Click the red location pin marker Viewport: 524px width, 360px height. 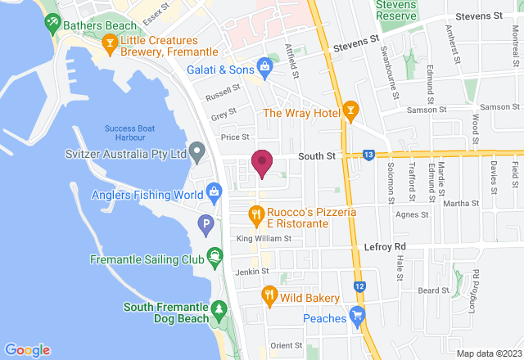(262, 163)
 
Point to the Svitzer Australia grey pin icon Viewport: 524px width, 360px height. (196, 152)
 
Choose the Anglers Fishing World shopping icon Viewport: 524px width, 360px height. (214, 194)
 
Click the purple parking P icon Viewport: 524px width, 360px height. (206, 223)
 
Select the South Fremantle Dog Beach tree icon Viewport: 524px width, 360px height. (219, 308)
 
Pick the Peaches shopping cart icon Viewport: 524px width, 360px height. (356, 316)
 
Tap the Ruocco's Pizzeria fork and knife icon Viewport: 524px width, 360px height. (256, 215)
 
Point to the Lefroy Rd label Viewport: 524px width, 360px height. (384, 246)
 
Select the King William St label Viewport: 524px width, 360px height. (264, 239)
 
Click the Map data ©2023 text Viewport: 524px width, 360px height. (487, 353)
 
